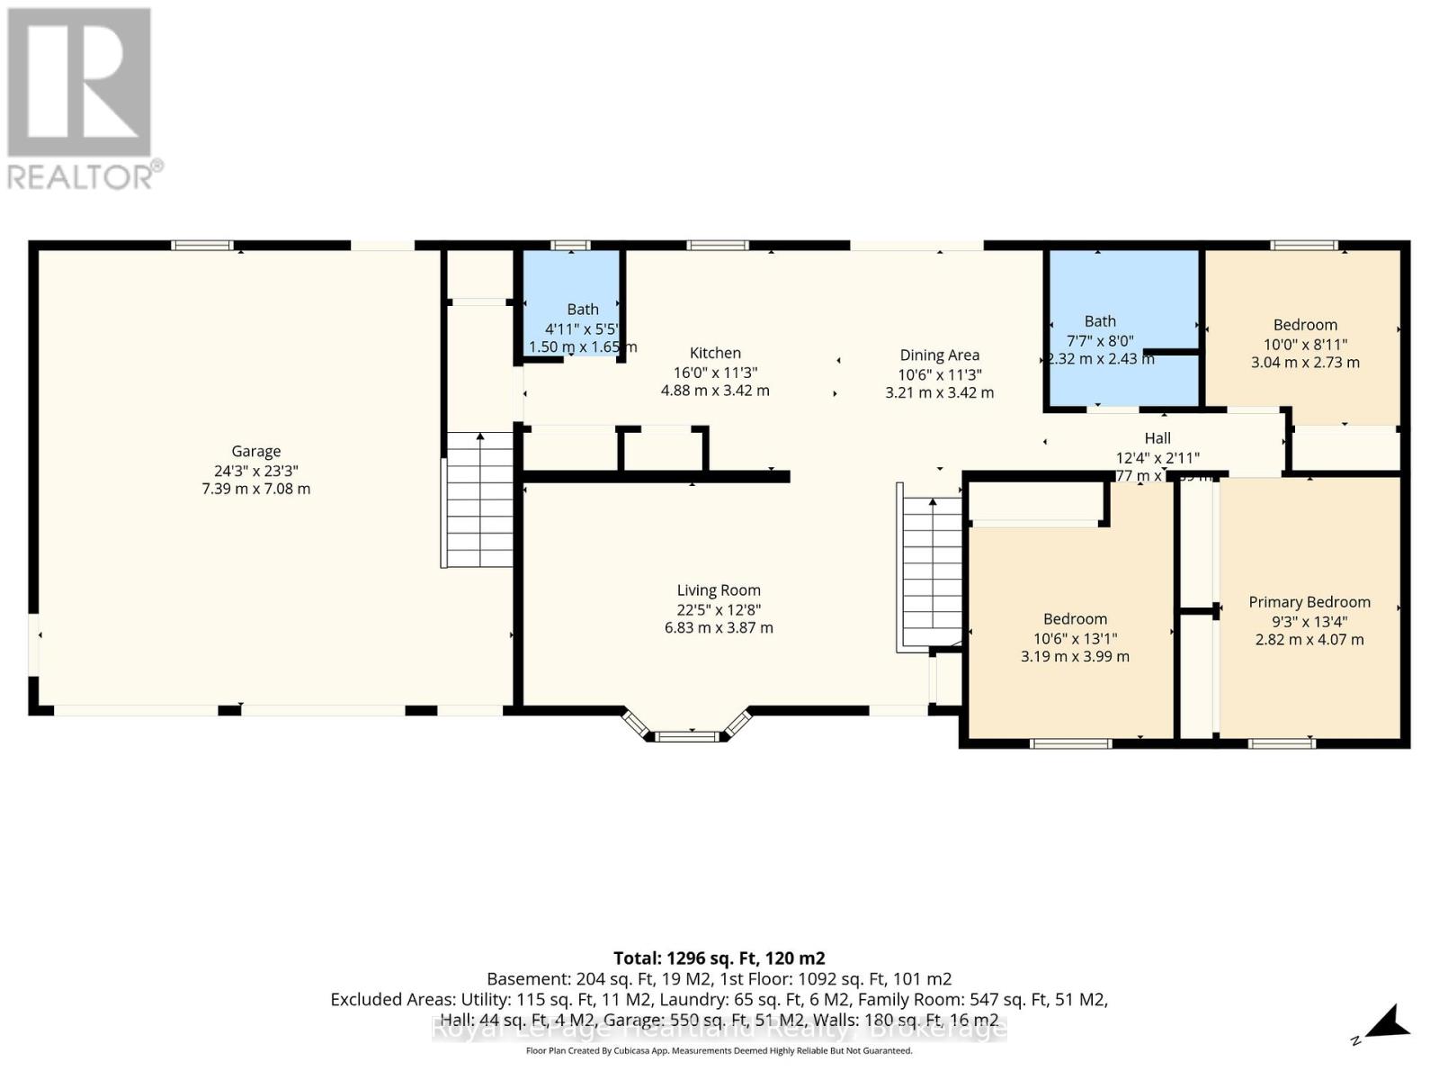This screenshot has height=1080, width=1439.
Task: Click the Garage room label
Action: (x=256, y=451)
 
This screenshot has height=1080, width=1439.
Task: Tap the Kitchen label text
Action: (x=715, y=353)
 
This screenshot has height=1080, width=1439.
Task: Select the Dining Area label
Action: (x=939, y=355)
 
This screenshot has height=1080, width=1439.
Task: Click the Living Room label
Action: (x=719, y=590)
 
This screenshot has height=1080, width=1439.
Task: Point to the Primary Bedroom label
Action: (x=1309, y=602)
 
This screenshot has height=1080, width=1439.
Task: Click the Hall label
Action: (x=1157, y=438)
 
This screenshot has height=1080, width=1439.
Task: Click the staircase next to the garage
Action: (x=479, y=499)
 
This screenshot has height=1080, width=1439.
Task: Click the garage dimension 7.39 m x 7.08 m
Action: (x=256, y=489)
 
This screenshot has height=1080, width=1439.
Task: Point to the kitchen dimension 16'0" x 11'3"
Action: (x=715, y=373)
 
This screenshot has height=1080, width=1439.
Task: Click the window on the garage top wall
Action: (x=202, y=245)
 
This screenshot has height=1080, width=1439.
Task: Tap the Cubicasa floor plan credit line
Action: (x=719, y=1051)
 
